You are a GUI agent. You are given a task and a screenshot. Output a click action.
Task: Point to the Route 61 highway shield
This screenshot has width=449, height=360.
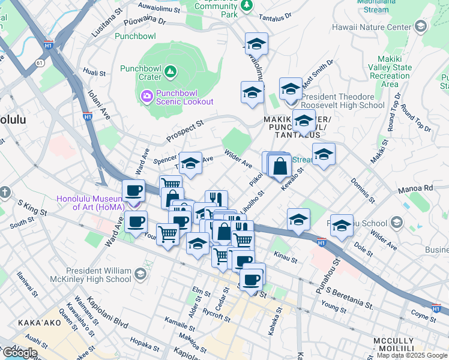pos(40,62)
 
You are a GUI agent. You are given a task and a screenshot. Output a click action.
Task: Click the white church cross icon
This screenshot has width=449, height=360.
pos(6,193)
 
